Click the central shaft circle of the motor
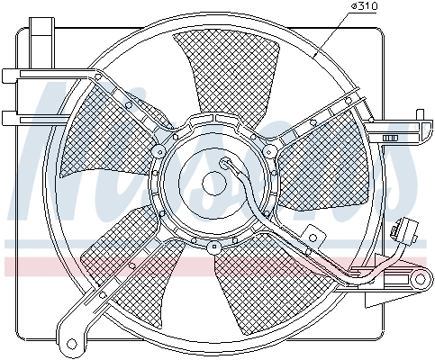tap(213, 182)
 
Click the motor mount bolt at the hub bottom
tap(213, 245)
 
